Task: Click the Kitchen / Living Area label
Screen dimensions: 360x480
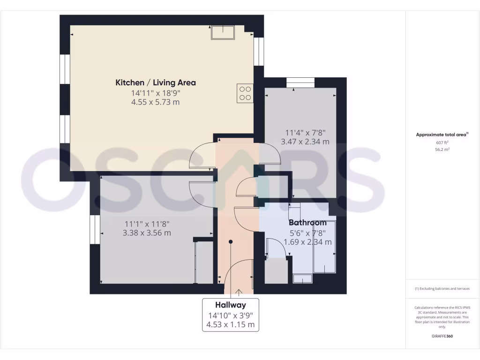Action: [x=156, y=83]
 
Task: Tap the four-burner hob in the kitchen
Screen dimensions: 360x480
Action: [x=245, y=93]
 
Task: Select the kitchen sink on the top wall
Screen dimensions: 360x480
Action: [x=223, y=32]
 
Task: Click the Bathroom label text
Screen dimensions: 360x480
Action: [x=307, y=223]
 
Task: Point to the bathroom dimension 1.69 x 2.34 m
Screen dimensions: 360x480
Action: [x=307, y=242]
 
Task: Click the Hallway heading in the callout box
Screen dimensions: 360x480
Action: [x=230, y=304]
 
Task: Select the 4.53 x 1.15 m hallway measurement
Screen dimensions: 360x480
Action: [x=230, y=324]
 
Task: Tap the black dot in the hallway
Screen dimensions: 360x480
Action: [x=231, y=242]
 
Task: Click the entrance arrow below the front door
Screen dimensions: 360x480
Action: [x=239, y=292]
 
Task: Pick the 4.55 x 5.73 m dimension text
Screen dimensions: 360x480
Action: [x=156, y=102]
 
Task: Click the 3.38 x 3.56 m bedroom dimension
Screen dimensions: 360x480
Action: [x=147, y=233]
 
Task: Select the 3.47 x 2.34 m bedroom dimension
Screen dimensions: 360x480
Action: [x=305, y=142]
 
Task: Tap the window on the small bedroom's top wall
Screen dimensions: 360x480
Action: [x=300, y=82]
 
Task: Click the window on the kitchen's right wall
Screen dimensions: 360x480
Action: [x=259, y=51]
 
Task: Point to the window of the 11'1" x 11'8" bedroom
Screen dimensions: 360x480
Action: [x=95, y=229]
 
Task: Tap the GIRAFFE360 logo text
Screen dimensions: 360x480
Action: [x=442, y=336]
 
